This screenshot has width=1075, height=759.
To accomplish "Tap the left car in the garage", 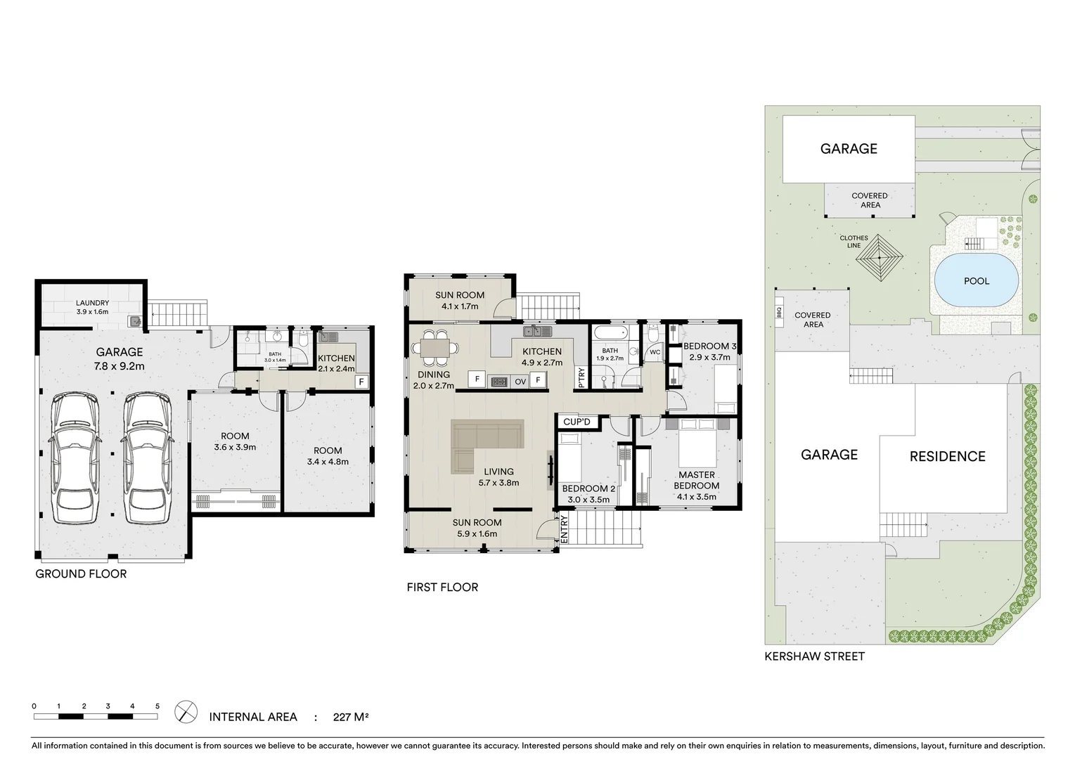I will point(74,458).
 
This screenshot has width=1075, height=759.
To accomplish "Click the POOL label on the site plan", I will point(976,281).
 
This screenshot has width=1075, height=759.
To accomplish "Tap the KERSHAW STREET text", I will point(814,656).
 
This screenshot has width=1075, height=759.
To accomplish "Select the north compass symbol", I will point(185,711).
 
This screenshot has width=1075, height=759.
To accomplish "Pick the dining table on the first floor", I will point(436,347).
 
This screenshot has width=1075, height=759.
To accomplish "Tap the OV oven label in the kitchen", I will point(520,382).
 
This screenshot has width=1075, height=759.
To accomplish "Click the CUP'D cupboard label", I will point(577,422).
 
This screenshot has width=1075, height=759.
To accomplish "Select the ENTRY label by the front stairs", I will point(564,528).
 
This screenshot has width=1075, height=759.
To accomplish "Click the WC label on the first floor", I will point(655,352).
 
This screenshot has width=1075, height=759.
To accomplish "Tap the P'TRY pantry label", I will point(581,378).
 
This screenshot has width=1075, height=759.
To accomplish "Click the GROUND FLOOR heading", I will point(81,574).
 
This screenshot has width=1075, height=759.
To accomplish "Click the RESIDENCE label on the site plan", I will point(947,457).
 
